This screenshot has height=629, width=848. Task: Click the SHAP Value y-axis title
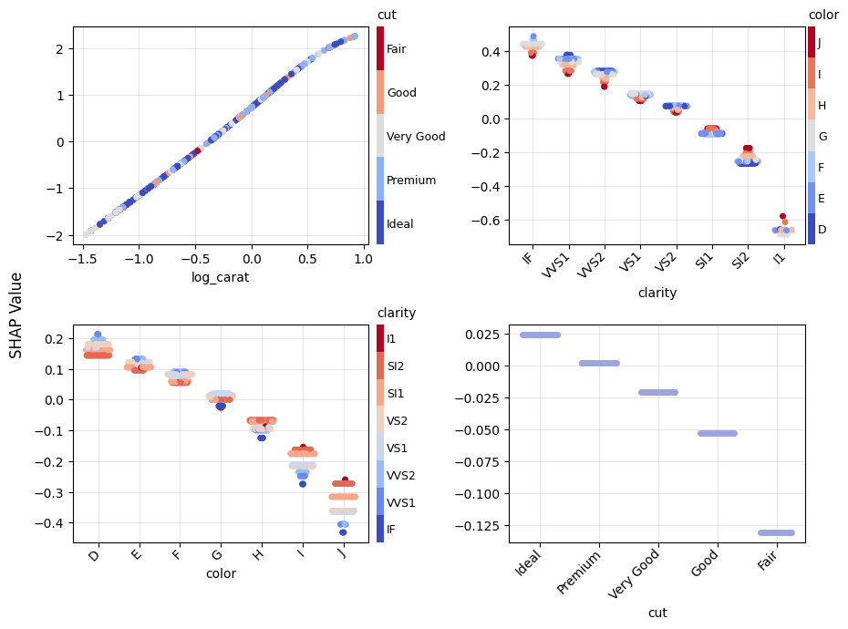point(16,314)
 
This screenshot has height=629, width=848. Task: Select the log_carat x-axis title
point(220,277)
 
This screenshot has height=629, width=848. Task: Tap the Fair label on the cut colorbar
point(398,49)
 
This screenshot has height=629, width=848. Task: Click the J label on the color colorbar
point(819,42)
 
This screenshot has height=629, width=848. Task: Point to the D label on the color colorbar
point(822,230)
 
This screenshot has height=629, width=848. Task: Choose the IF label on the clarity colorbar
point(391,529)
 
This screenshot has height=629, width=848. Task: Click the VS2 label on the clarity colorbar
point(397,420)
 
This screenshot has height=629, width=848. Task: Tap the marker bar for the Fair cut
point(776,532)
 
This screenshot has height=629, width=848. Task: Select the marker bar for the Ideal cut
point(540,335)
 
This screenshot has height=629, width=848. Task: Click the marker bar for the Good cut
point(717,433)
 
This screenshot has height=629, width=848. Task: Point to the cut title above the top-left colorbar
point(387,15)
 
